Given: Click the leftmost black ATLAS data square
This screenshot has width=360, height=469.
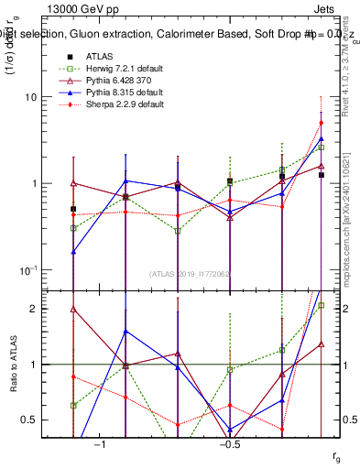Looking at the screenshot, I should tap(73, 209).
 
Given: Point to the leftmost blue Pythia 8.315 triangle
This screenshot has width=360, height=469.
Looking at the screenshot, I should tap(73, 250).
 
